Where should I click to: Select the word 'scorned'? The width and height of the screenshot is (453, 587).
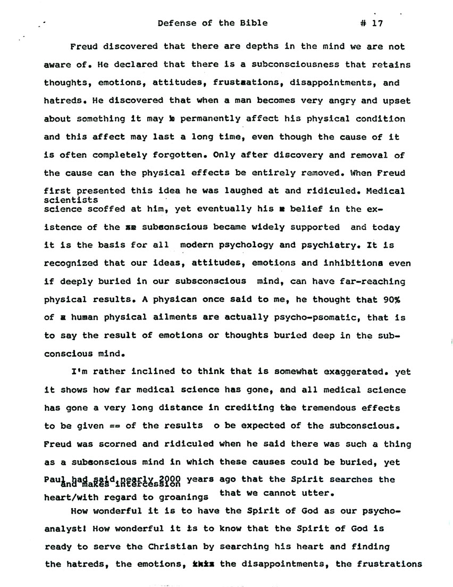[x=110, y=444]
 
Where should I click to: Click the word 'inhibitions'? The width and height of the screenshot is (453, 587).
[x=371, y=263]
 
